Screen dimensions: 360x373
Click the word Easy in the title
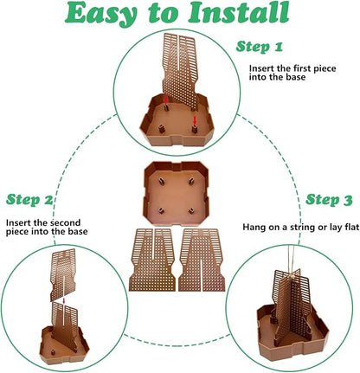[100, 13]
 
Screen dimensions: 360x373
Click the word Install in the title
[239, 12]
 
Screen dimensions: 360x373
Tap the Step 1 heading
[260, 47]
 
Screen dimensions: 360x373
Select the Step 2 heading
[29, 200]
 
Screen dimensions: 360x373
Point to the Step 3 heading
[329, 200]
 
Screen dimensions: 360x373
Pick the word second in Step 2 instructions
[65, 223]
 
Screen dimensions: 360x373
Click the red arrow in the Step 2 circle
[64, 301]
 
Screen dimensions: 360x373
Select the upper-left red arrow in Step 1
[166, 100]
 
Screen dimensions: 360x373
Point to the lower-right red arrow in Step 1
[195, 120]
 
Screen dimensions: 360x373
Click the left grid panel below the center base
[152, 260]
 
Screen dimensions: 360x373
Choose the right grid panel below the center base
[202, 260]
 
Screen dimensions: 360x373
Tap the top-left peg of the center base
[161, 181]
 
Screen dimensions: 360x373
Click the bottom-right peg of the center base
[191, 211]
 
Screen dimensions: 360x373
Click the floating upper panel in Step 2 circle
[63, 274]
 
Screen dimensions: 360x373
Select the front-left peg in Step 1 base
[162, 129]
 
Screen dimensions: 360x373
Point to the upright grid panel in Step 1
[180, 71]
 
